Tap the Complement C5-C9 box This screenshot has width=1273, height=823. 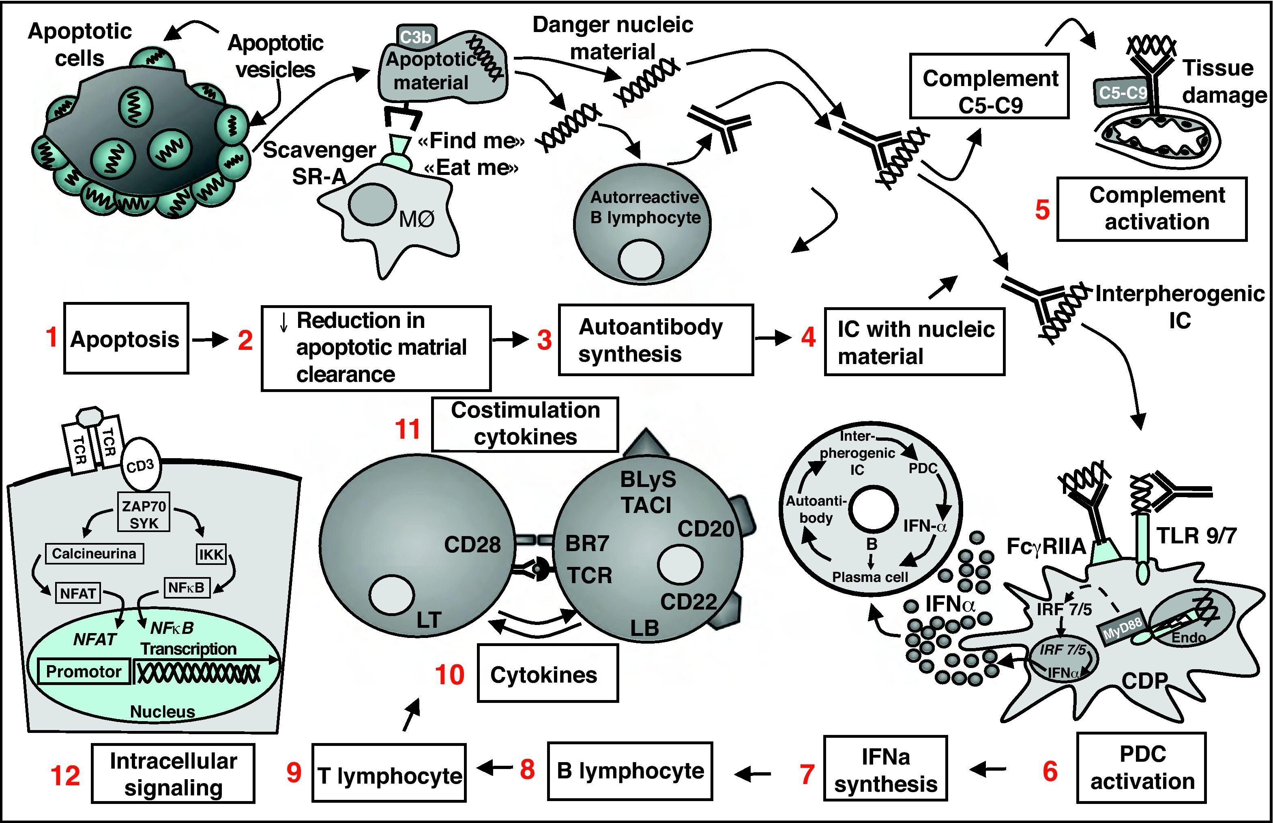990,86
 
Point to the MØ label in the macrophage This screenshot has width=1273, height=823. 416,219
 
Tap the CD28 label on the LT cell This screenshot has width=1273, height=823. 472,545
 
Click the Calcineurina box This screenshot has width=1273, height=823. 94,553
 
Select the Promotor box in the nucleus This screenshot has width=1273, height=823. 84,671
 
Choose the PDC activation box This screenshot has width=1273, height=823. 1142,767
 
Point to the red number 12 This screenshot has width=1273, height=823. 65,775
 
